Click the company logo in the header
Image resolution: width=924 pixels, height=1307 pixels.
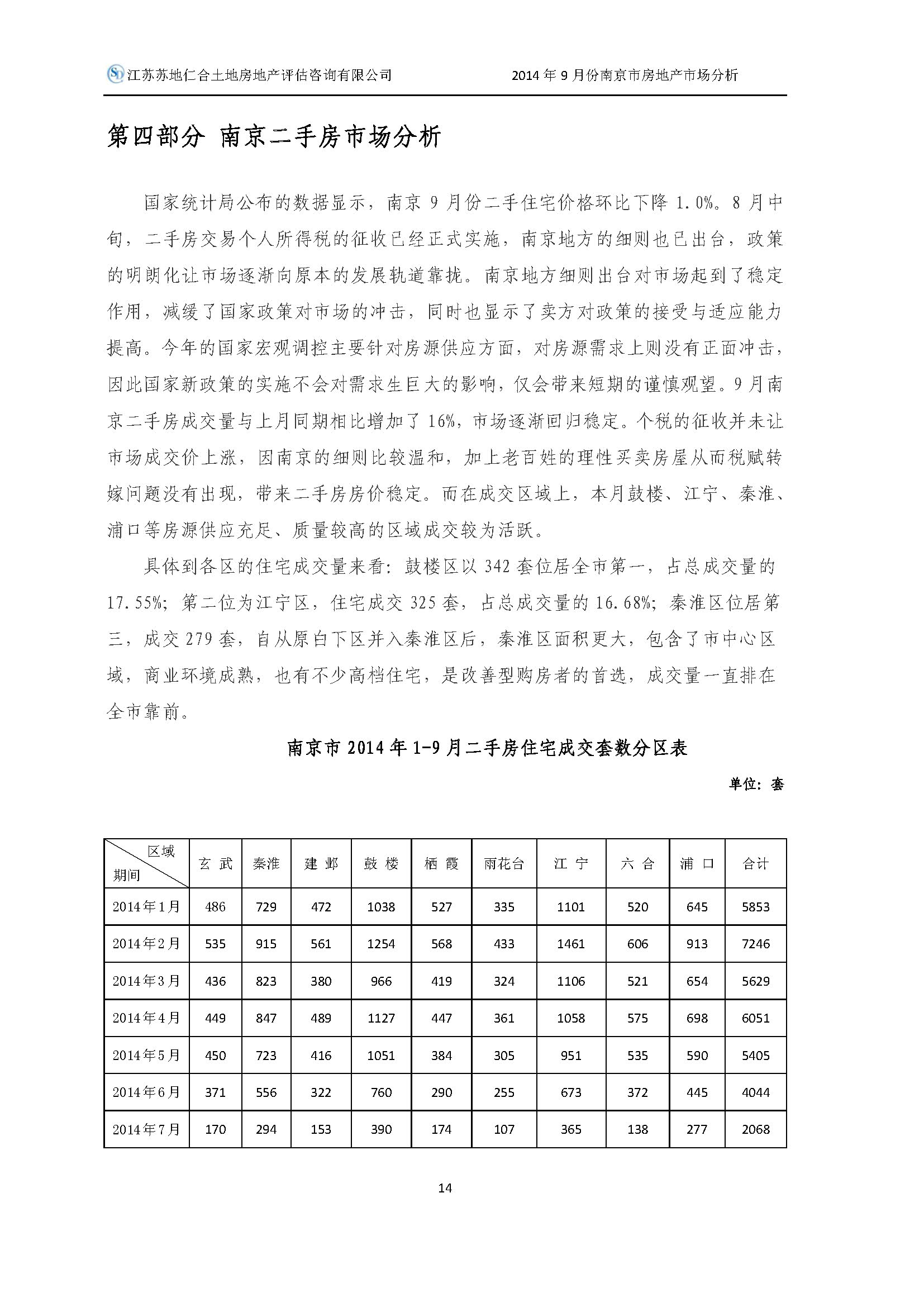point(116,74)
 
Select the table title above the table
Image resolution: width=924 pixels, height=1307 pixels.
point(487,748)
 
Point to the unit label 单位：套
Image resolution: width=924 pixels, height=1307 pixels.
point(756,784)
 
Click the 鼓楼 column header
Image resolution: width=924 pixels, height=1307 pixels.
point(380,863)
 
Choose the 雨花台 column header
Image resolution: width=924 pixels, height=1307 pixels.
point(503,863)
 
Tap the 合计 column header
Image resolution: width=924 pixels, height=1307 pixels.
point(755,863)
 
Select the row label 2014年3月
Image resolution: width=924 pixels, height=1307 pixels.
point(146,981)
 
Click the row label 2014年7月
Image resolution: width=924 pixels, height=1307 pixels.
point(146,1129)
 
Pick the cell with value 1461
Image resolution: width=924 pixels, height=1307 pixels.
point(571,944)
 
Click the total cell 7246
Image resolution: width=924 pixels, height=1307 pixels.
point(755,944)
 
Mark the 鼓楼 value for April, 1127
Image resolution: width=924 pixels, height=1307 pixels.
point(380,1018)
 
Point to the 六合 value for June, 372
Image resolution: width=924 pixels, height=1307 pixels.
point(637,1092)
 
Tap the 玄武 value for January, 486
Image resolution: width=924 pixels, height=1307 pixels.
point(215,907)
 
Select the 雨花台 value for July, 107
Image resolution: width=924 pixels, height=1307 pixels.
point(503,1129)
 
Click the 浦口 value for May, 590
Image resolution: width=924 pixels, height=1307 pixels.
point(697,1056)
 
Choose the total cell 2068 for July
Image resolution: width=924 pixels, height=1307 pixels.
point(755,1129)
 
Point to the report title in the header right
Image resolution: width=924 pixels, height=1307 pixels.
point(624,74)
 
